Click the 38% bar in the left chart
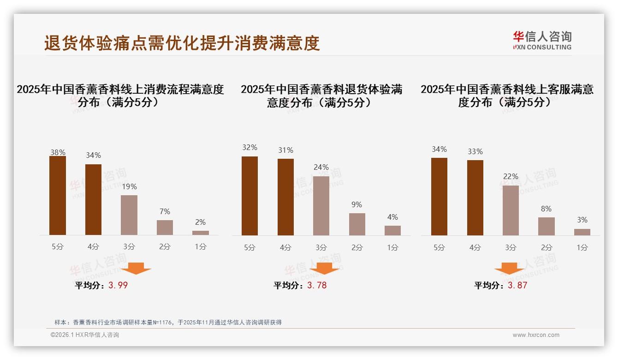58,196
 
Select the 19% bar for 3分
129,215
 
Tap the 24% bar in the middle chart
321,206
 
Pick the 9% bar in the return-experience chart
357,224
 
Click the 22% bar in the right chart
511,210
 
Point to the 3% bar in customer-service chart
582,232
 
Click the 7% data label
165,212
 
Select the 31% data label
285,150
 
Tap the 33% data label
475,152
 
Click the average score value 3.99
118,285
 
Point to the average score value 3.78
317,285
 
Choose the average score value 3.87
517,285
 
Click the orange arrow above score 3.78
324,268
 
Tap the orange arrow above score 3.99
136,268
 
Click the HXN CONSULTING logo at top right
542,41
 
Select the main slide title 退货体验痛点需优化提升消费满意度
182,43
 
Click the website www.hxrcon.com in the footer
536,335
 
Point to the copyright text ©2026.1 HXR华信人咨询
85,335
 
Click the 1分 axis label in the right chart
582,248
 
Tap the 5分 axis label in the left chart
58,247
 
